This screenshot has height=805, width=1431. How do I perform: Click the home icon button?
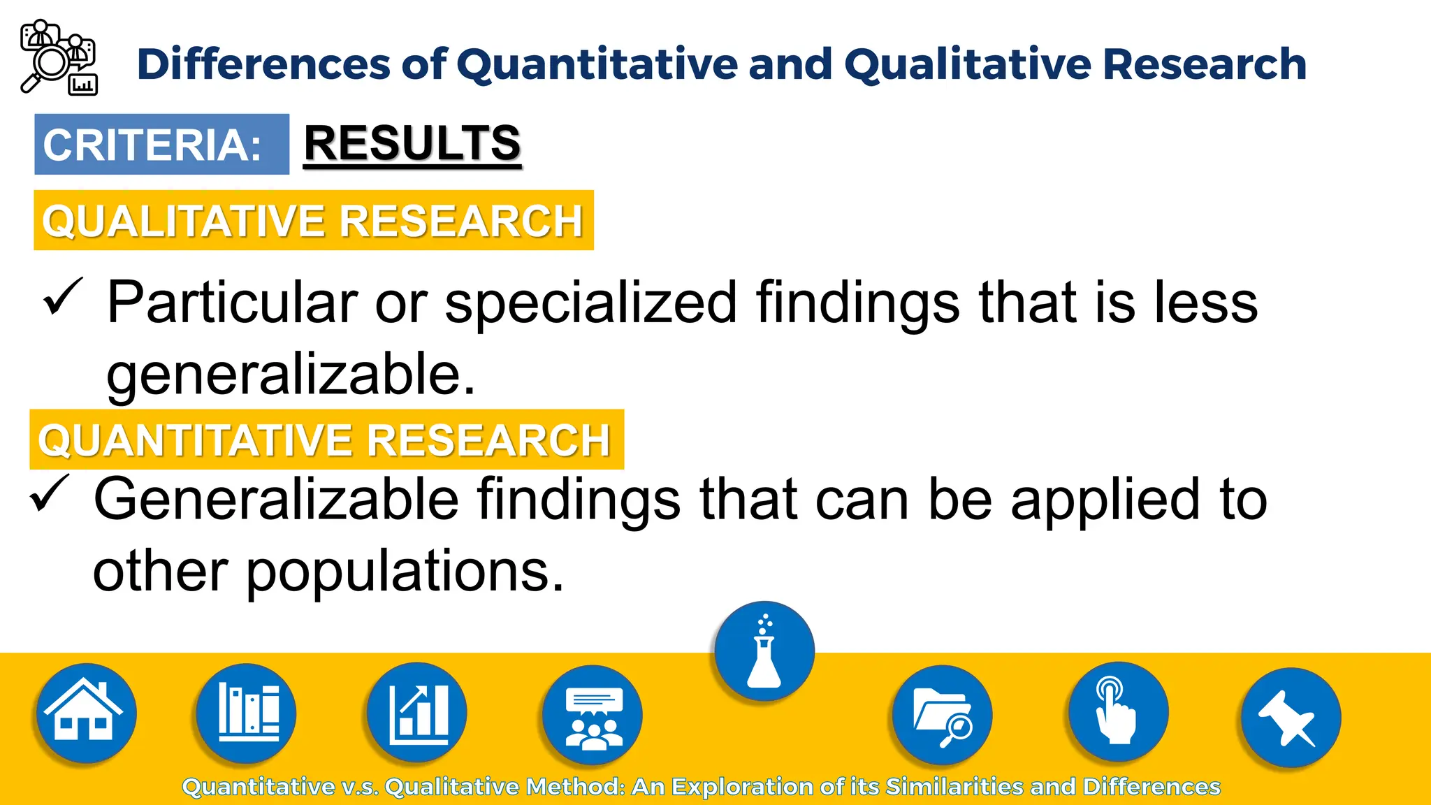tap(86, 713)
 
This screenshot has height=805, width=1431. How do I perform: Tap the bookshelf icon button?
tap(247, 713)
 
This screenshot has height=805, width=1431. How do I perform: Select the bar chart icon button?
tap(417, 713)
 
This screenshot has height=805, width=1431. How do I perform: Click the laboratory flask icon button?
tap(764, 651)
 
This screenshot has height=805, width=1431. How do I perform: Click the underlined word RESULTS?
tap(412, 143)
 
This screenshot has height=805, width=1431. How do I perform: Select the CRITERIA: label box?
tap(161, 144)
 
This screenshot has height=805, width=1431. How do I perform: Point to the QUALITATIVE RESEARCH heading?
tap(313, 220)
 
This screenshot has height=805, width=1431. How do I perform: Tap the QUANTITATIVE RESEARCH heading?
tap(326, 440)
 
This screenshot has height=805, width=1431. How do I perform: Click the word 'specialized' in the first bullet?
tap(591, 303)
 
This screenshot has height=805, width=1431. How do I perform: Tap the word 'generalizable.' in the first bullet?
tap(291, 375)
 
